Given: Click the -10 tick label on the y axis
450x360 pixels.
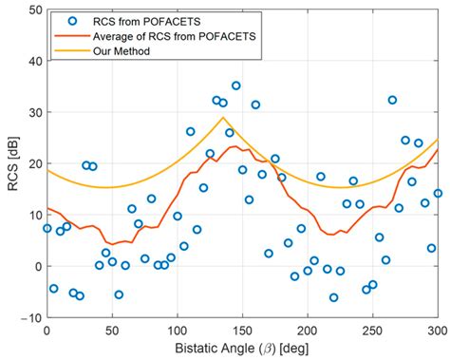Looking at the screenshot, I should [29, 318].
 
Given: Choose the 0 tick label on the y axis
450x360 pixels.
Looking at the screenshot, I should [36, 267].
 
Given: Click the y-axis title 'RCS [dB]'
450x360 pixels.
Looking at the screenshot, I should [10, 164].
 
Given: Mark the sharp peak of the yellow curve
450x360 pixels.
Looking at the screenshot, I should [223, 118].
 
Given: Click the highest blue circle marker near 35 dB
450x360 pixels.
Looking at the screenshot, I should [236, 85].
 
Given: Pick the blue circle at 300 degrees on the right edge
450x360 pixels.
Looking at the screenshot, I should [438, 193].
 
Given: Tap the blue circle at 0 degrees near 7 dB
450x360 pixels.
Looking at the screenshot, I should [47, 228].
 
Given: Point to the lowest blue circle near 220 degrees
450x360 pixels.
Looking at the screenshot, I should [333, 297].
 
